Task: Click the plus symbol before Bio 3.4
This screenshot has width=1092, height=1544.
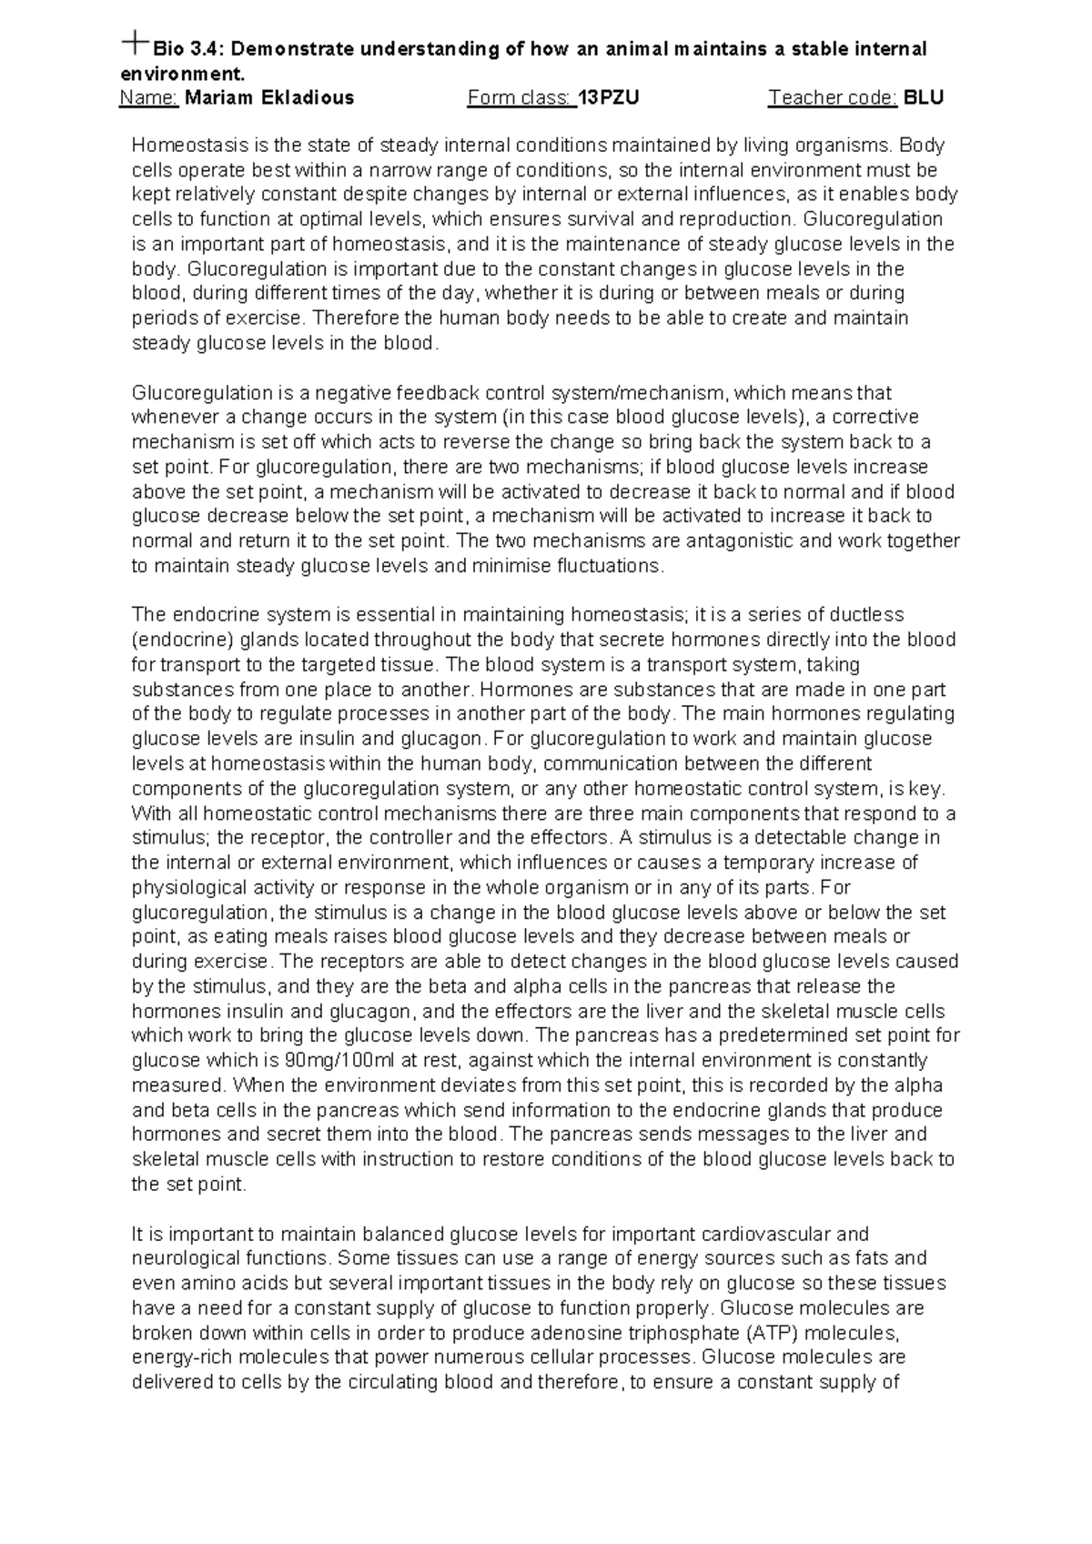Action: pos(136,41)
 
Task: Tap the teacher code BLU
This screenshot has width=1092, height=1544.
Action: pos(924,97)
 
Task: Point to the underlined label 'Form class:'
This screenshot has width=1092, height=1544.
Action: pos(521,97)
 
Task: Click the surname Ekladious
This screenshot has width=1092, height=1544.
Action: pos(308,97)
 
